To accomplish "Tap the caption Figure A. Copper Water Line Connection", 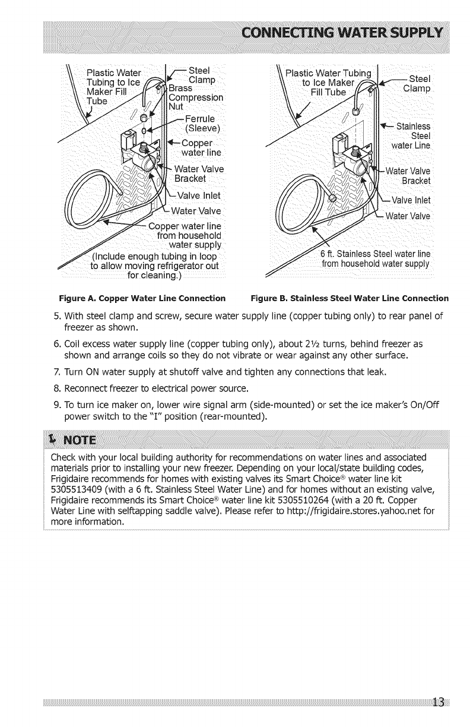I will click(141, 298).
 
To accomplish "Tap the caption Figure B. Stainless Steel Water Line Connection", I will click(350, 298).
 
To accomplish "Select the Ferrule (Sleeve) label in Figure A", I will click(202, 122).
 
